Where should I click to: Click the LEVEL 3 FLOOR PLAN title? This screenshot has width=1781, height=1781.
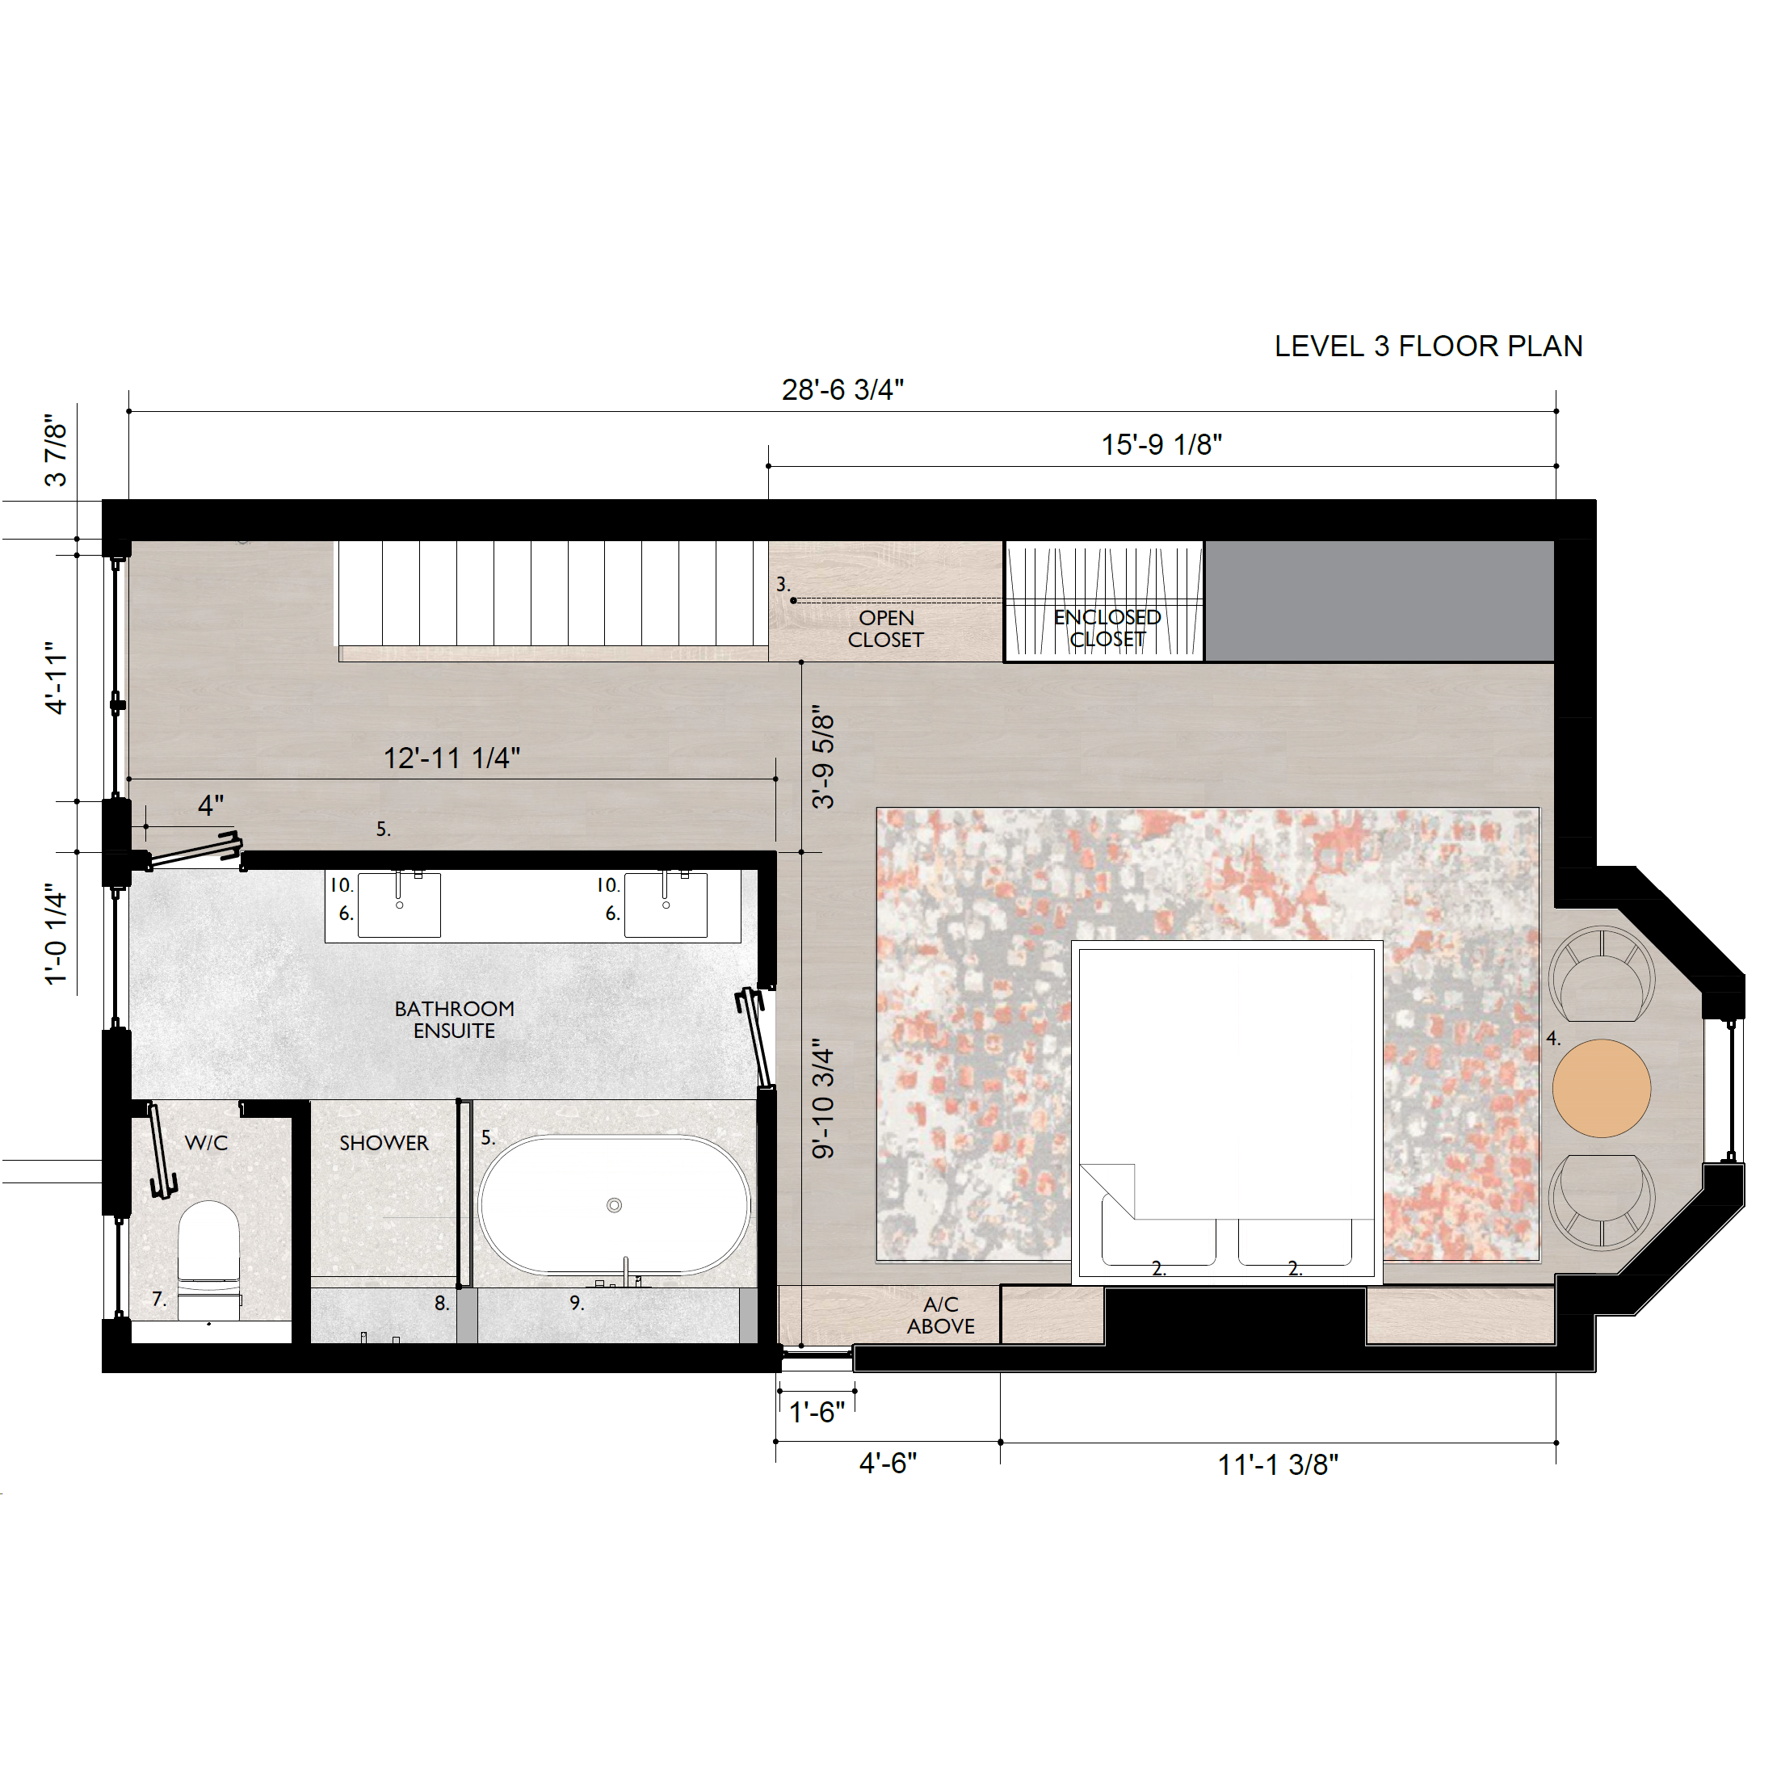click(1428, 347)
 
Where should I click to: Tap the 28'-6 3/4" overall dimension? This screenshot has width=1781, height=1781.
click(842, 390)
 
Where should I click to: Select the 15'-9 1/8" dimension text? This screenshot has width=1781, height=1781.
click(1161, 444)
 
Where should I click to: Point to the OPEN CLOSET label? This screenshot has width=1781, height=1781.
click(886, 628)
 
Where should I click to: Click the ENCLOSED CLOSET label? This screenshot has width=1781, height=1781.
click(1107, 628)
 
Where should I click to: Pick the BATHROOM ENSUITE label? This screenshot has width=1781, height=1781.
click(455, 1019)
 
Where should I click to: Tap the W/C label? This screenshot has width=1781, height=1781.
click(207, 1143)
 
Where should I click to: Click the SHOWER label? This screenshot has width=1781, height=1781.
click(384, 1143)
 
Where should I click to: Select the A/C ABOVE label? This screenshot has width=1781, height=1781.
click(940, 1316)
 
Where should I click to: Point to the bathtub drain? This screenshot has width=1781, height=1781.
click(615, 1205)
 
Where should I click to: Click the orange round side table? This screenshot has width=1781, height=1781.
click(1601, 1088)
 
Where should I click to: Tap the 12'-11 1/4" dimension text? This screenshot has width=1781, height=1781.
click(452, 758)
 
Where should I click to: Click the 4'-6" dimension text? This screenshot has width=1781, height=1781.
click(888, 1463)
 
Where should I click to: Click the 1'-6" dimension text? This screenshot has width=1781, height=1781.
click(817, 1411)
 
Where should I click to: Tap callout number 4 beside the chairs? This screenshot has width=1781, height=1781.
click(1553, 1038)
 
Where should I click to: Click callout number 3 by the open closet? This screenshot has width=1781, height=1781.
click(783, 585)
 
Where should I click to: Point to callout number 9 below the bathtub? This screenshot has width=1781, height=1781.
click(576, 1303)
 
